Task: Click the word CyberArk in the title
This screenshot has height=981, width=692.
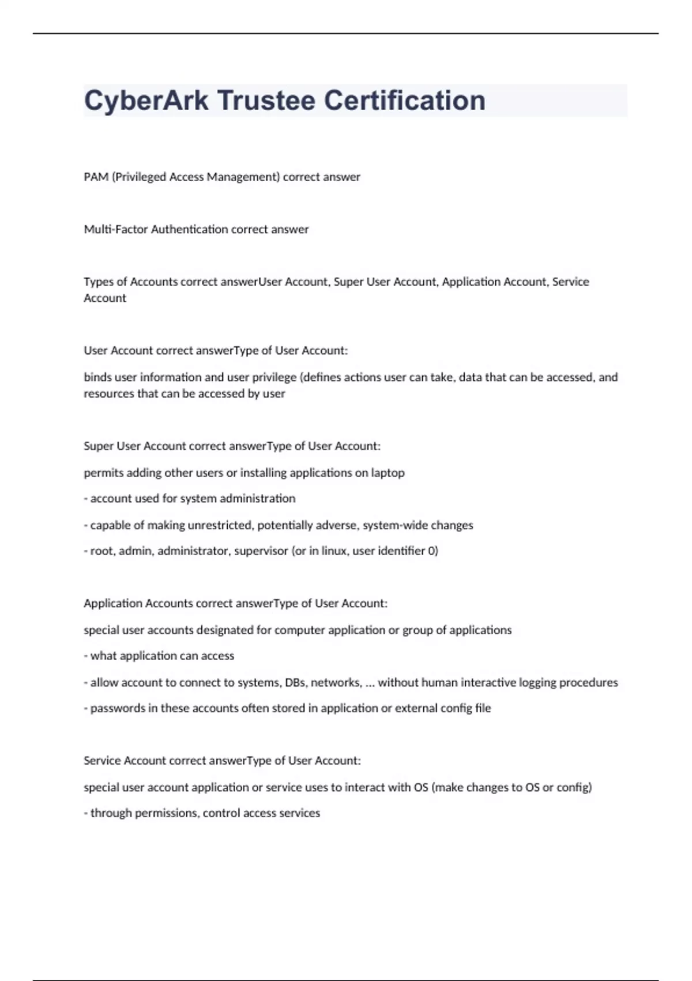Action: pyautogui.click(x=146, y=101)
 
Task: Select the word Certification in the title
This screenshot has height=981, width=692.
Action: pyautogui.click(x=404, y=101)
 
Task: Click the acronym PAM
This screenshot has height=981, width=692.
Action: pyautogui.click(x=96, y=177)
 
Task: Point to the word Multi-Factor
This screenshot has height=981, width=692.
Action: pyautogui.click(x=116, y=230)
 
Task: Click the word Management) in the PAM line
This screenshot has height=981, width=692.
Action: pyautogui.click(x=243, y=177)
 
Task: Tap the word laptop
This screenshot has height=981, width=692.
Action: pyautogui.click(x=388, y=473)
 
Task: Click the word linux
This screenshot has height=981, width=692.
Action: pyautogui.click(x=334, y=551)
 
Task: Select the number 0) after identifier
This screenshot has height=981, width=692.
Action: pyautogui.click(x=433, y=551)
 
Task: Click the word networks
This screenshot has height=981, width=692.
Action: pyautogui.click(x=336, y=683)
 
